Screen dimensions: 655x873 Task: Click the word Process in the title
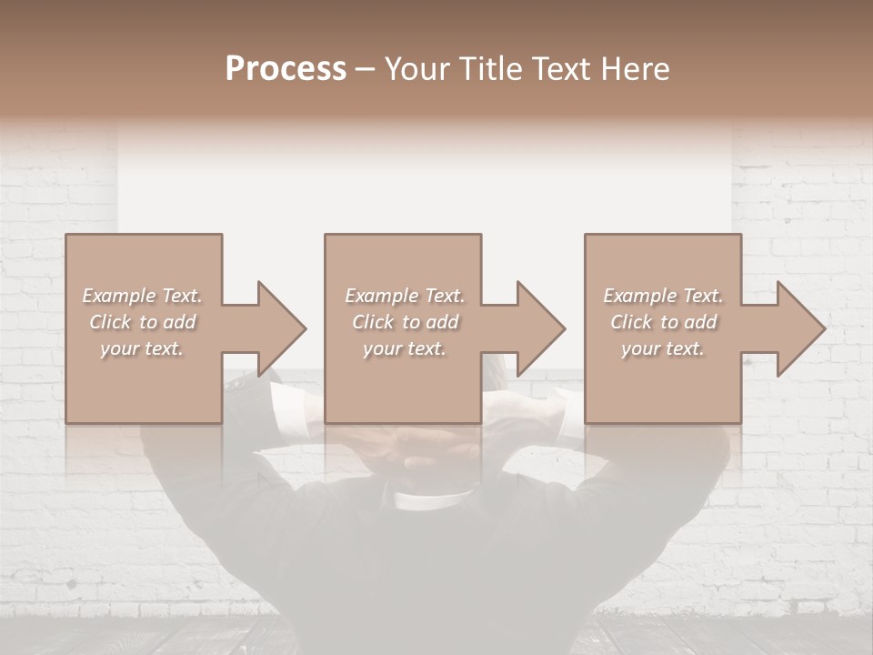pyautogui.click(x=286, y=69)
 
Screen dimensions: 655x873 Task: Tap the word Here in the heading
pyautogui.click(x=638, y=69)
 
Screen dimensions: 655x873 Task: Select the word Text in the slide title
pyautogui.click(x=565, y=69)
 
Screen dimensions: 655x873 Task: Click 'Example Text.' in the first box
pyautogui.click(x=142, y=296)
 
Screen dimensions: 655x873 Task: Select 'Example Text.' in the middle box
pyautogui.click(x=405, y=296)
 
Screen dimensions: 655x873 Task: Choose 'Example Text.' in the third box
pyautogui.click(x=663, y=296)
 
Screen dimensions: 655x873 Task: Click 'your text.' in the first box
pyautogui.click(x=142, y=348)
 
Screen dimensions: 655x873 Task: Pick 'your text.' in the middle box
pyautogui.click(x=405, y=348)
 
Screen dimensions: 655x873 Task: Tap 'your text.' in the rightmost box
pyautogui.click(x=663, y=348)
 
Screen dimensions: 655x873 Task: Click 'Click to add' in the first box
pyautogui.click(x=142, y=322)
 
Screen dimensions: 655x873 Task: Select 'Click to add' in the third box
pyautogui.click(x=663, y=322)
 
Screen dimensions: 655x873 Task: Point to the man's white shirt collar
pyautogui.click(x=435, y=499)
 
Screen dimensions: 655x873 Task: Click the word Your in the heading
pyautogui.click(x=416, y=69)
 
